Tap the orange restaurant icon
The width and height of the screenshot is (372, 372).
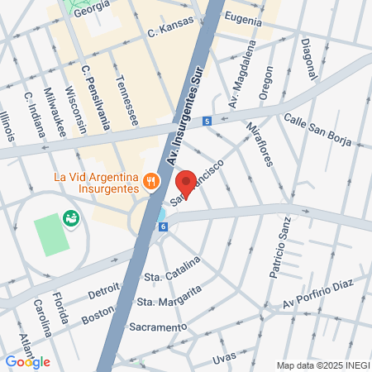click(x=151, y=180)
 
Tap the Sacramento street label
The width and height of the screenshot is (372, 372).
click(x=158, y=327)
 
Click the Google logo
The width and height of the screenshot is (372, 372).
click(x=27, y=361)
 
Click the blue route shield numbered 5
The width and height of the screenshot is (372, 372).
click(x=206, y=121)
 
